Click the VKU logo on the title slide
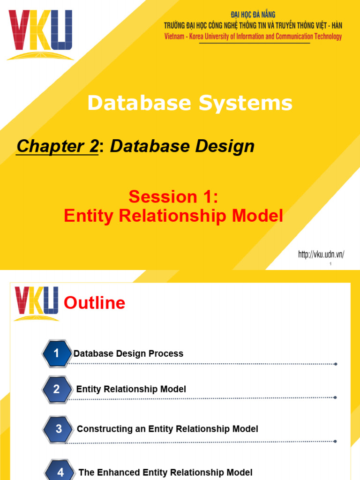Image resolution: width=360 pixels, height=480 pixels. click(x=40, y=34)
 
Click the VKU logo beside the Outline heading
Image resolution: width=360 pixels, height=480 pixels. click(x=37, y=303)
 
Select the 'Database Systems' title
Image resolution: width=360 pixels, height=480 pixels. click(x=190, y=103)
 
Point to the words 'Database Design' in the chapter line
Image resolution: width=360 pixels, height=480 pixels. click(x=182, y=147)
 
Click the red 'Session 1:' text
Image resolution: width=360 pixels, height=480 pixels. click(x=173, y=197)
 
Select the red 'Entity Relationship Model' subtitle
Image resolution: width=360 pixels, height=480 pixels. click(x=173, y=216)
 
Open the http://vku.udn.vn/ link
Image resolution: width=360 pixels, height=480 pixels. click(x=321, y=255)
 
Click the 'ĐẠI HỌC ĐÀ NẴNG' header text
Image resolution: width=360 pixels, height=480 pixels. click(x=253, y=15)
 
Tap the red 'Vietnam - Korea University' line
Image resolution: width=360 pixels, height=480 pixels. click(x=253, y=37)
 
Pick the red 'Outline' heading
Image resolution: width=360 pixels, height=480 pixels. click(x=94, y=303)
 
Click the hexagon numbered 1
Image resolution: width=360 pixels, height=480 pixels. click(x=56, y=353)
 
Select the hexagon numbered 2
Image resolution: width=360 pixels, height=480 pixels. click(x=56, y=389)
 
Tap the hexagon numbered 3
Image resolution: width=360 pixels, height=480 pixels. click(x=58, y=429)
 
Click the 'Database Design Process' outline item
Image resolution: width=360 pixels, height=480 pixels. click(x=128, y=354)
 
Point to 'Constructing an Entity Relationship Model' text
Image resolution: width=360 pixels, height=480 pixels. click(x=167, y=429)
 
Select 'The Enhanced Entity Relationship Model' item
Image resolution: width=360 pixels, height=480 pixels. click(x=165, y=472)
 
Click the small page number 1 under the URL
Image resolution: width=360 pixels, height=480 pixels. click(x=331, y=264)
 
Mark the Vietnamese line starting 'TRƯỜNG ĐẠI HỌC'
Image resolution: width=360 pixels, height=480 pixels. click(x=253, y=25)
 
